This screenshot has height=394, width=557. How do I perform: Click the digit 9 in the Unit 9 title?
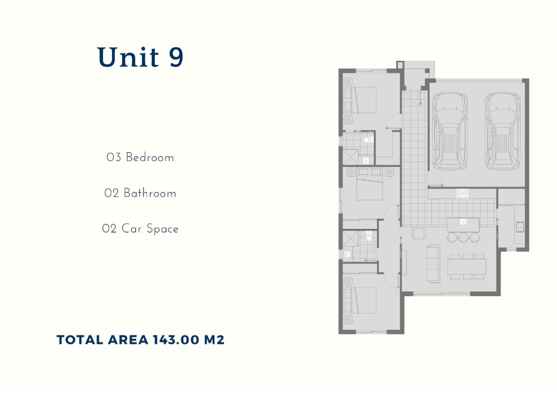click(176, 58)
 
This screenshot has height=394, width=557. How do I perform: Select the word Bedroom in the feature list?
click(150, 158)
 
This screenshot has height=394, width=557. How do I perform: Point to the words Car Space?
click(150, 229)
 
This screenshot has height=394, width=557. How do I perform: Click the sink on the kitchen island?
click(463, 222)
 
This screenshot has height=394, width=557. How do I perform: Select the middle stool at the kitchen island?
click(463, 237)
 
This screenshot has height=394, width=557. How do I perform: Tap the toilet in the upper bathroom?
click(368, 140)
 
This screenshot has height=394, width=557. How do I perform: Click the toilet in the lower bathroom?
click(369, 238)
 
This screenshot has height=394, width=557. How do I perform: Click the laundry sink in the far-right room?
click(519, 227)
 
